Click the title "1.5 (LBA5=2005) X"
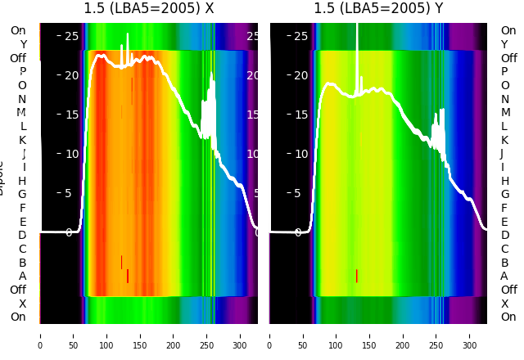(148, 8)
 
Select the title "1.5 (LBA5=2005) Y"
(378, 8)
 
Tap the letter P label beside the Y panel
(504, 72)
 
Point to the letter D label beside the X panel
(22, 236)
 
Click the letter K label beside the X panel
(22, 140)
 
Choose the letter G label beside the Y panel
(504, 195)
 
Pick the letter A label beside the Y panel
(504, 277)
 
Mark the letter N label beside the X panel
(22, 99)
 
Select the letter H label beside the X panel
(22, 181)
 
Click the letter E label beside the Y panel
(504, 222)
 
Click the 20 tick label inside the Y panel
(300, 75)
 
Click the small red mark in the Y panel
(356, 276)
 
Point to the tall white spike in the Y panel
(357, 49)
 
